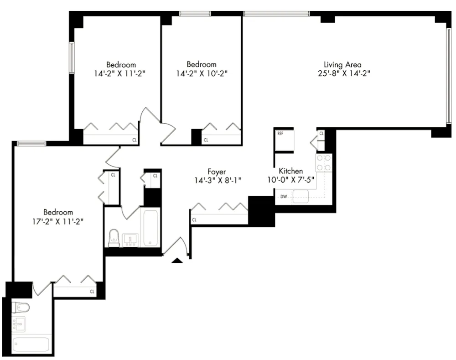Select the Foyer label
[x=217, y=172]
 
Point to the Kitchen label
[x=291, y=171]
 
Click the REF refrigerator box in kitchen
[x=285, y=141]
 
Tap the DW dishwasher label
[x=283, y=197]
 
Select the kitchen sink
[x=301, y=197]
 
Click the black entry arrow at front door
[x=177, y=260]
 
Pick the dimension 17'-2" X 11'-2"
[x=58, y=221]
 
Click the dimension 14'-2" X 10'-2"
[x=202, y=73]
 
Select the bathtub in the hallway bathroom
[x=150, y=227]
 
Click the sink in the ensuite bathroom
[x=19, y=324]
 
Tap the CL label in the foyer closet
[x=194, y=220]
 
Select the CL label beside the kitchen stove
[x=321, y=134]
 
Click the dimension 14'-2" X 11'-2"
[x=121, y=73]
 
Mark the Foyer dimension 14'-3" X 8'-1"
[x=217, y=180]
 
